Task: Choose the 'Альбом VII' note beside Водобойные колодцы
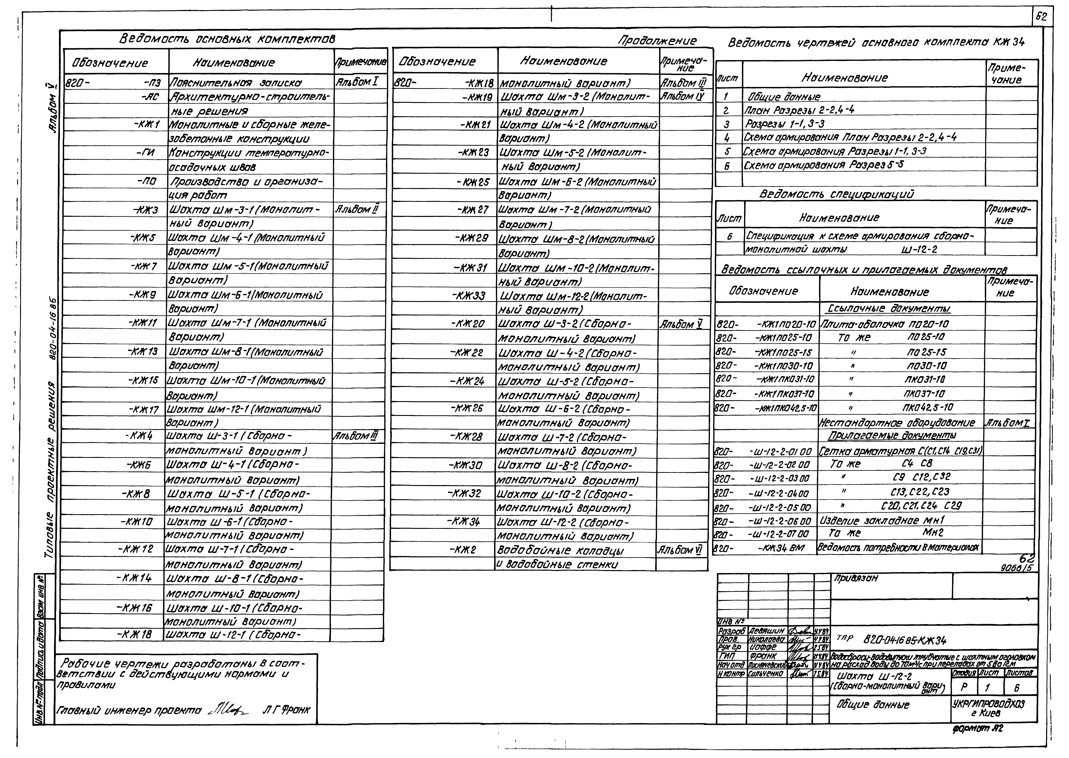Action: pyautogui.click(x=679, y=550)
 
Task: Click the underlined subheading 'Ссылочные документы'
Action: pyautogui.click(x=889, y=309)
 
